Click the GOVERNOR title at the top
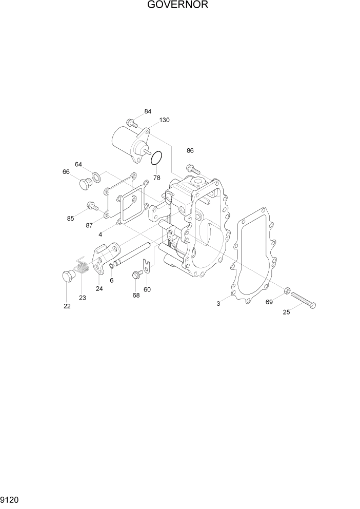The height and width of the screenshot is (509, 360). (179, 6)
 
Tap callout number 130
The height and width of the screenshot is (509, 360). (164, 120)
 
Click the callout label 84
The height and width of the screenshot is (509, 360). (148, 111)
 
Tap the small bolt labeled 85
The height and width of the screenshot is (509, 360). (93, 206)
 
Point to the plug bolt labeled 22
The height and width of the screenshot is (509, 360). (67, 277)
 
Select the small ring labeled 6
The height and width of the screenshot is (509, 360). (111, 266)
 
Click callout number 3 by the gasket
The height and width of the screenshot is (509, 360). (218, 304)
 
